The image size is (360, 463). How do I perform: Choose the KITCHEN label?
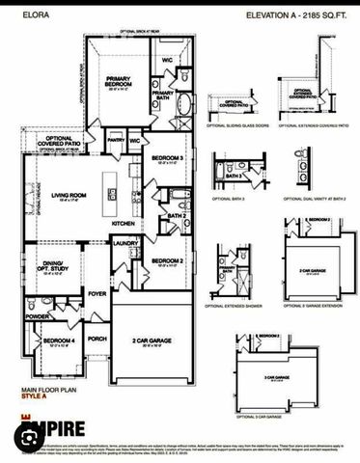124,224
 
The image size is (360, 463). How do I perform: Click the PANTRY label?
116,140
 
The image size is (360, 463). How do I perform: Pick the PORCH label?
97,339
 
